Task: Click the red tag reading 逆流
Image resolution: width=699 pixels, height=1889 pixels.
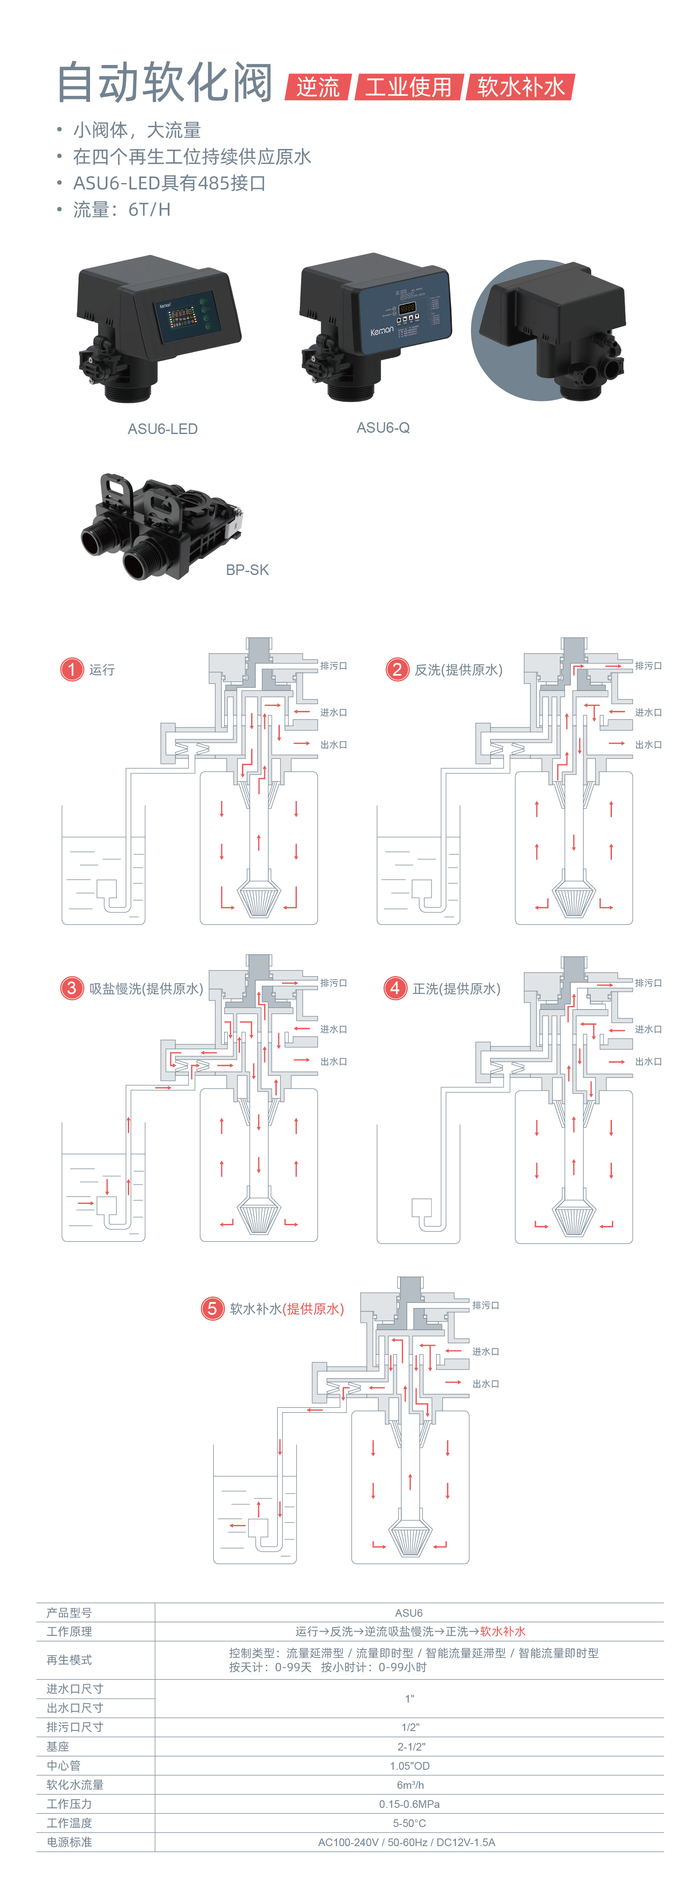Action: click(318, 87)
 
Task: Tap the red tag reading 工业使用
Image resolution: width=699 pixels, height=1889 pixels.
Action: click(409, 87)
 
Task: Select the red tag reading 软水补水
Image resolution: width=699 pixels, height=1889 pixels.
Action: click(521, 87)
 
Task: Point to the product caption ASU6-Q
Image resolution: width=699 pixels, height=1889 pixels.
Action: click(383, 428)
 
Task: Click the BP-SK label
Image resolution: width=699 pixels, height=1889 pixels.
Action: click(247, 570)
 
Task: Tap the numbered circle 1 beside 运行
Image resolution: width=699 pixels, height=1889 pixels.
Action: click(72, 669)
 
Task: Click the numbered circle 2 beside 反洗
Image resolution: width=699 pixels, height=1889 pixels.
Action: click(397, 669)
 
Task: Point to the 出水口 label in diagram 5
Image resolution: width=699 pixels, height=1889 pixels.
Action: click(485, 1384)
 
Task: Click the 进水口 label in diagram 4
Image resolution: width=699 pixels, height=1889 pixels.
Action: click(648, 1029)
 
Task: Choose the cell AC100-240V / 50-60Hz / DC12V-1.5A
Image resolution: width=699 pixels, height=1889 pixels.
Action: click(406, 1842)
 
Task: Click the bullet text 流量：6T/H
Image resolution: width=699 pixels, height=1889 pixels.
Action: click(122, 210)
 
